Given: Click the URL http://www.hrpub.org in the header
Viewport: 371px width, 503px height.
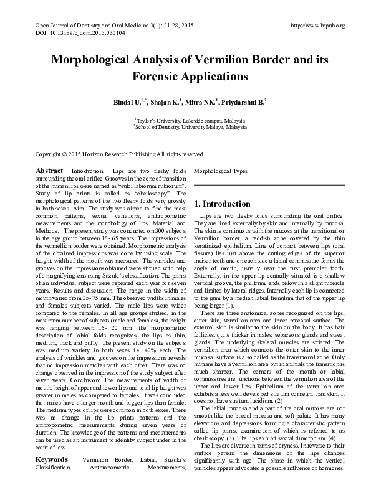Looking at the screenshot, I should pos(318,25).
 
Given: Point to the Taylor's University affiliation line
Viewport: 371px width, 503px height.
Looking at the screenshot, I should pos(185,118).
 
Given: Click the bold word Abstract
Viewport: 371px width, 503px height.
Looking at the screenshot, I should pos(49,171).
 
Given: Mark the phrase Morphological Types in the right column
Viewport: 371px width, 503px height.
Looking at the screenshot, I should pos(221,171).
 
